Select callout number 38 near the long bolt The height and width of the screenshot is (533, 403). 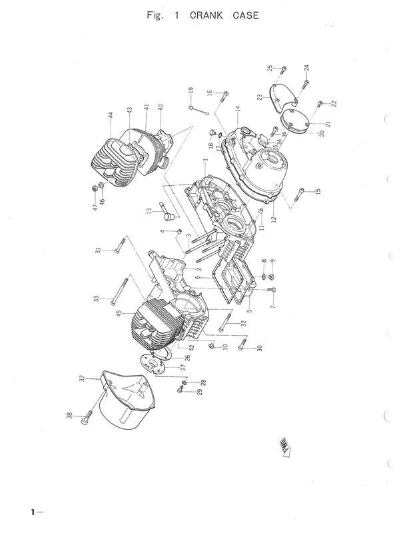(69, 417)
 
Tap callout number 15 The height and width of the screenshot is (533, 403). (318, 192)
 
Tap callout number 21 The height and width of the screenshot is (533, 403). (327, 124)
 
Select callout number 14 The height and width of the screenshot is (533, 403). (236, 108)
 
